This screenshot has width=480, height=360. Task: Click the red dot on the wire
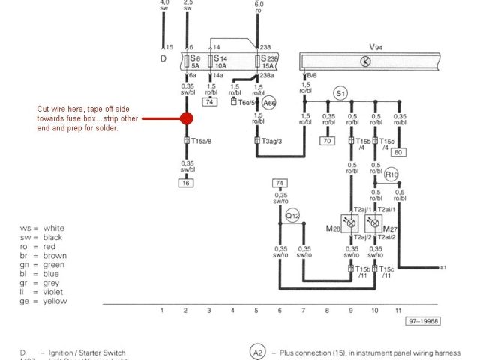pyautogui.click(x=186, y=118)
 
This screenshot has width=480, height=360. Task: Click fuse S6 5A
pyautogui.click(x=193, y=61)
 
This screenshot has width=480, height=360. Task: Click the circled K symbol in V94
pyautogui.click(x=366, y=62)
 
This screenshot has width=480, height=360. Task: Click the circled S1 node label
pyautogui.click(x=340, y=94)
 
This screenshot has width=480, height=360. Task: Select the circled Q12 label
pyautogui.click(x=292, y=216)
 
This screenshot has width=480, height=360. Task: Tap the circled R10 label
pyautogui.click(x=391, y=175)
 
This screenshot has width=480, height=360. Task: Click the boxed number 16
pyautogui.click(x=185, y=182)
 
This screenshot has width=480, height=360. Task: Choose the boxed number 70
pyautogui.click(x=328, y=140)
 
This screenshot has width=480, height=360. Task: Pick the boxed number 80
pyautogui.click(x=398, y=153)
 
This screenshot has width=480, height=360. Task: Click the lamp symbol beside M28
pyautogui.click(x=350, y=223)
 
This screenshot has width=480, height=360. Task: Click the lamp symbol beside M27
pyautogui.click(x=374, y=223)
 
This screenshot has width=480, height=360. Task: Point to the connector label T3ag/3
pyautogui.click(x=273, y=140)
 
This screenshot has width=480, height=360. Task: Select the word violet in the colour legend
pyautogui.click(x=55, y=291)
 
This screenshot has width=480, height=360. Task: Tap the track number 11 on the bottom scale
pyautogui.click(x=398, y=310)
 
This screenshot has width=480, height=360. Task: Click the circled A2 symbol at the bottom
pyautogui.click(x=257, y=352)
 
